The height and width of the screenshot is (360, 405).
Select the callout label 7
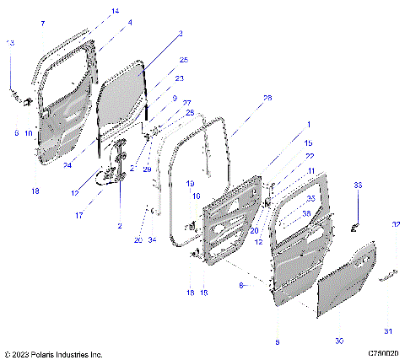[x=43, y=24]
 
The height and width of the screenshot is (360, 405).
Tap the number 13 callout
[x=10, y=42]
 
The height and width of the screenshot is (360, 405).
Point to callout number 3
[x=180, y=34]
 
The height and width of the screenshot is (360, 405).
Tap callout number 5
[x=277, y=342]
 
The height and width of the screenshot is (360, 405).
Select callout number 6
[x=16, y=132]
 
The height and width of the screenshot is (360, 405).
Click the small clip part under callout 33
[x=355, y=226]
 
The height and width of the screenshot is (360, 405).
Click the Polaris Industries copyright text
[x=54, y=354]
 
